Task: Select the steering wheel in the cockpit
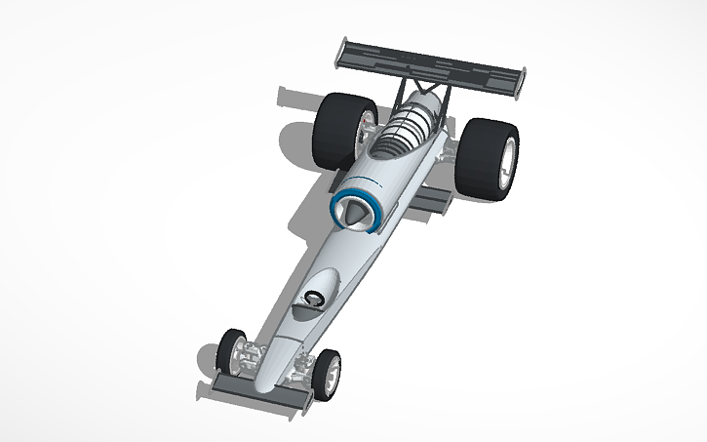[314, 299]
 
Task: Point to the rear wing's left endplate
[340, 54]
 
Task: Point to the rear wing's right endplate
[522, 84]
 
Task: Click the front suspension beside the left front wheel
[254, 353]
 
